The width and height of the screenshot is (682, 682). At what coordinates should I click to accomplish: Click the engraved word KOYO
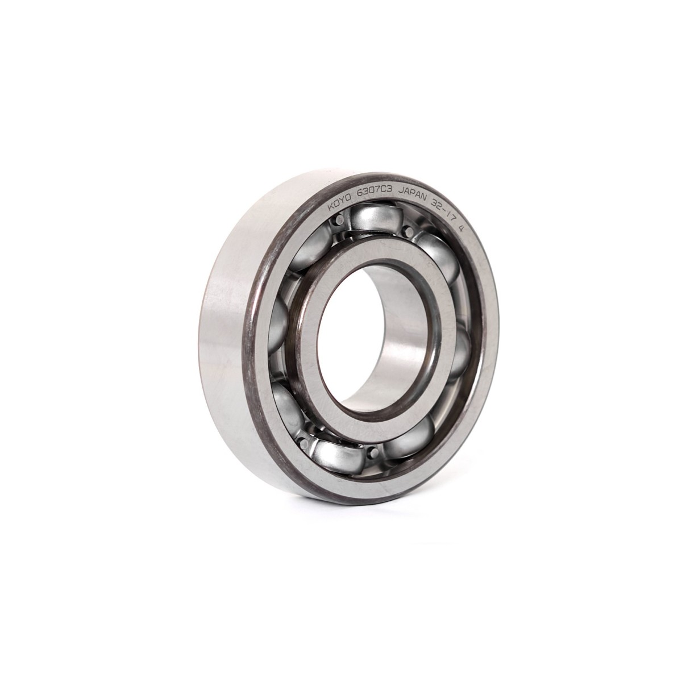click(340, 204)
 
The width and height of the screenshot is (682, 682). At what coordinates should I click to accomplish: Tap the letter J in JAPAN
click(401, 193)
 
